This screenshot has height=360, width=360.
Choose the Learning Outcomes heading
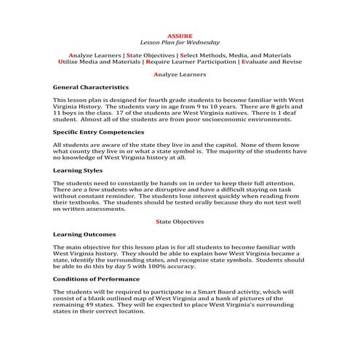(84, 235)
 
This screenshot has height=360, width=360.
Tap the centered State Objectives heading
(180, 221)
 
